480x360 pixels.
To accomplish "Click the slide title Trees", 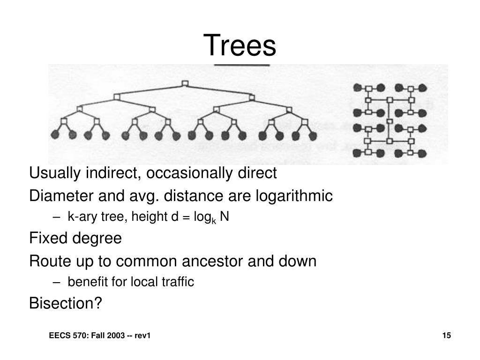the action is click(240, 45).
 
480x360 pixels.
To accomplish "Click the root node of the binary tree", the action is click(185, 84).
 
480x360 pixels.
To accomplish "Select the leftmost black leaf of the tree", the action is click(55, 135).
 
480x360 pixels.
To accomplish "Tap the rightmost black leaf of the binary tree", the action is click(311, 135).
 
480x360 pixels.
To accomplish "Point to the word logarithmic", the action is click(294, 196).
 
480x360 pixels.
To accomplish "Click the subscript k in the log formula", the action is click(215, 220).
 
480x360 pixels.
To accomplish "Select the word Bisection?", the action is click(66, 303).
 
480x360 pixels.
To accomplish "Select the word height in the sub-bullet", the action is click(143, 217).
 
